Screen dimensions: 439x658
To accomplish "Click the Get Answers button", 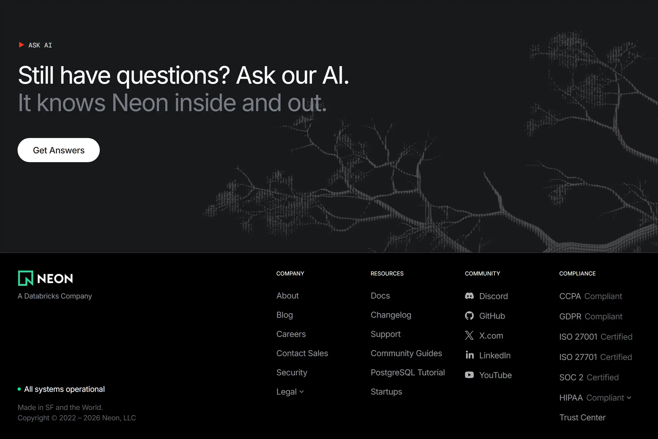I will point(58,150).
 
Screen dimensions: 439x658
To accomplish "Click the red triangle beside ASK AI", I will point(21,45).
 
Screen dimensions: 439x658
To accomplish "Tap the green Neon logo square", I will point(25,278).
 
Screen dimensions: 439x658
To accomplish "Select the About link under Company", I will point(287,296).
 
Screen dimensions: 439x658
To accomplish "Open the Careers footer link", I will point(291,334).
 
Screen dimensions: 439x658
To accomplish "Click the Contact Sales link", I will point(302,353).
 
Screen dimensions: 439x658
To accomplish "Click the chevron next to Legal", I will point(302,392).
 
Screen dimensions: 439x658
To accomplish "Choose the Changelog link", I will point(390,315).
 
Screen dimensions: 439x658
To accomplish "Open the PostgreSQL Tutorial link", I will point(407,372).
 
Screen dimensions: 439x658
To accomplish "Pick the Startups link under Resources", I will point(386,392).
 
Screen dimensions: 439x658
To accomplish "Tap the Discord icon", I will point(469,296).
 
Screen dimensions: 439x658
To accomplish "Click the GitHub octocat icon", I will point(469,316).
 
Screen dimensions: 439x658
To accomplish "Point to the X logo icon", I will point(469,335).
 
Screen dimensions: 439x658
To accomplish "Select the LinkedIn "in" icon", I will point(469,355).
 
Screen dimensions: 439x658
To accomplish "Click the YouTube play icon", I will point(469,375).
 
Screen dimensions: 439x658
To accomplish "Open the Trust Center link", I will point(582,417).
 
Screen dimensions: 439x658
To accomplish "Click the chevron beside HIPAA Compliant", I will point(629,398).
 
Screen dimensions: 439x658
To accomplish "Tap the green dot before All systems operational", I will point(19,389).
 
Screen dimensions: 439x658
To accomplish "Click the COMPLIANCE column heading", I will point(577,274).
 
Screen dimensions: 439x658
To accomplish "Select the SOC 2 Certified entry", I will point(589,378).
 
